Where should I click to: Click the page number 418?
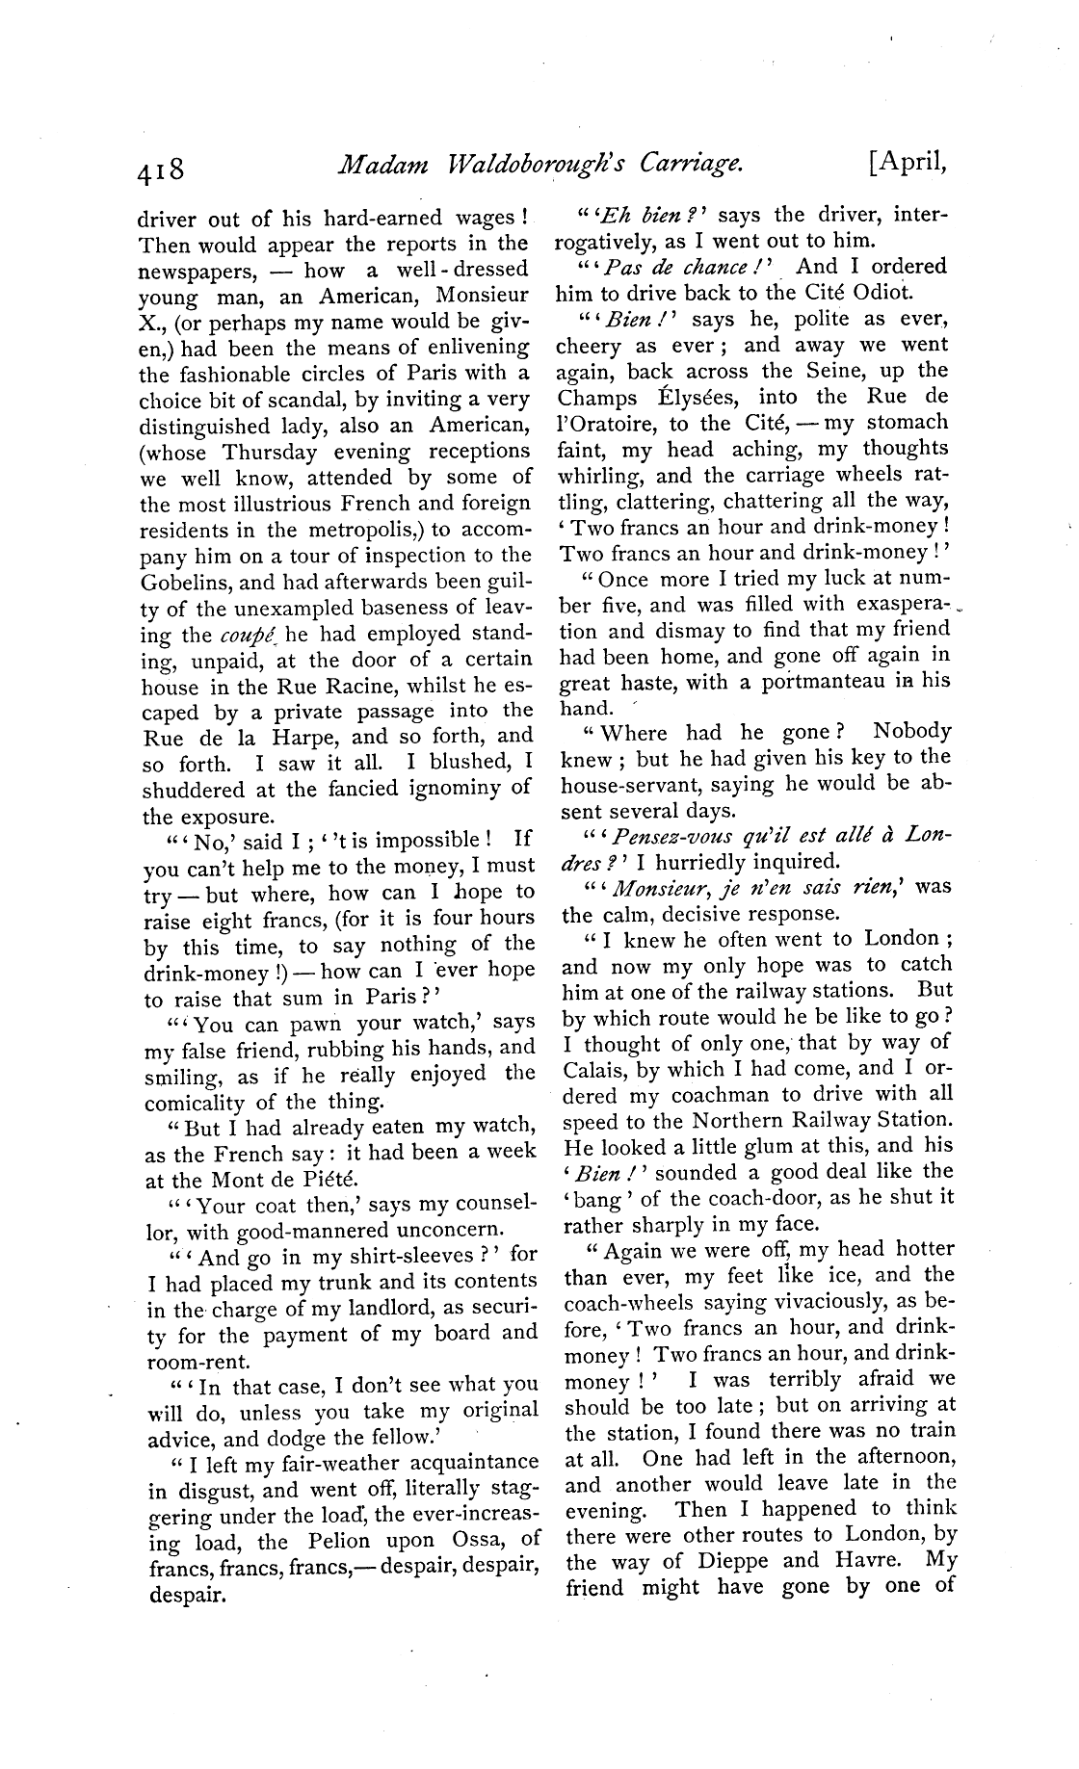[161, 170]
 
